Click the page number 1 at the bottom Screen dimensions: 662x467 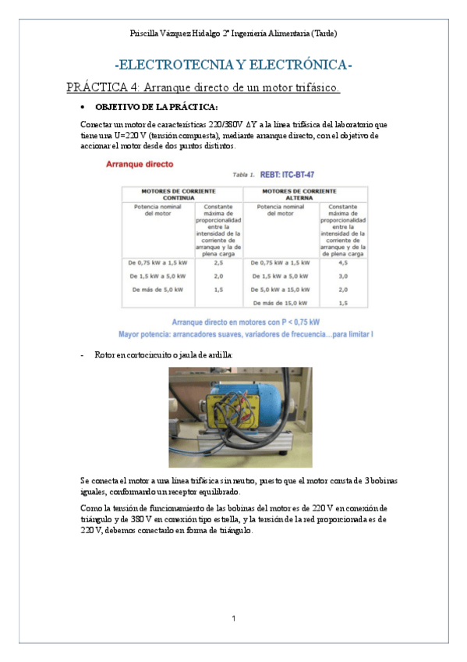(233, 619)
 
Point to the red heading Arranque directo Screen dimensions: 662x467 (140, 165)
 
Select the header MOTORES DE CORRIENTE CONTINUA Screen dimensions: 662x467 (179, 194)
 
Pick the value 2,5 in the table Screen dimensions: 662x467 (218, 263)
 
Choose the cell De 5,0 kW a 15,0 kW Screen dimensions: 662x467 (281, 289)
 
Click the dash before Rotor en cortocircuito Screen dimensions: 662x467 (82, 354)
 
